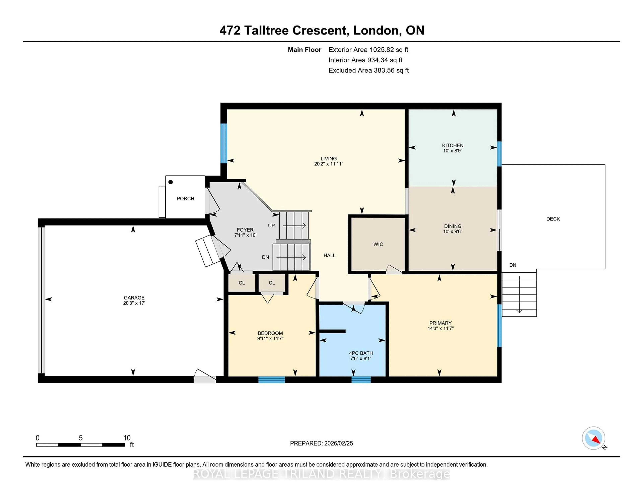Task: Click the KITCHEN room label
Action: (452, 145)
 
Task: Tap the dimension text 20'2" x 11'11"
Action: (329, 164)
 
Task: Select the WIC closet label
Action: (378, 244)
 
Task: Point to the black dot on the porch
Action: (170, 182)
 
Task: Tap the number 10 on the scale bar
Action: (127, 438)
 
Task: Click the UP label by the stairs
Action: (271, 226)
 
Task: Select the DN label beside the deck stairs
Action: (513, 265)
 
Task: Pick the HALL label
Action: (329, 255)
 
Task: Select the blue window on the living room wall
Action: (224, 143)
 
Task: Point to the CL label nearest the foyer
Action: (242, 283)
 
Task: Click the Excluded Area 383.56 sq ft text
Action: (368, 70)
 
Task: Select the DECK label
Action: (553, 219)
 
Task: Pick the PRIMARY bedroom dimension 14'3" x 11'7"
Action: (440, 328)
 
